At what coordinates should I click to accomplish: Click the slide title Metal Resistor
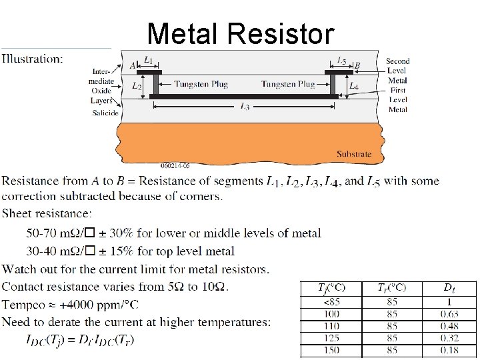tap(239, 33)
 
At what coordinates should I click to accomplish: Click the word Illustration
tap(33, 59)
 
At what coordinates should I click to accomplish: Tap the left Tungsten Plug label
tap(201, 84)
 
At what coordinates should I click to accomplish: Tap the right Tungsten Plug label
tap(288, 84)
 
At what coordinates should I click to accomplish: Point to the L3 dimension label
tap(244, 107)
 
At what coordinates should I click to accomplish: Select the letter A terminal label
tap(133, 65)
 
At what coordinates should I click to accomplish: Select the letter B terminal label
tap(357, 65)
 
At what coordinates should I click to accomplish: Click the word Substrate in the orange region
tap(354, 154)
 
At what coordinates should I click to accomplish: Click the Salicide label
tap(105, 113)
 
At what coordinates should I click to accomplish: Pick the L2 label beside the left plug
tap(136, 86)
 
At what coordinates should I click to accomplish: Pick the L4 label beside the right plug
tap(354, 86)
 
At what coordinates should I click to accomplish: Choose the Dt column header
tap(449, 288)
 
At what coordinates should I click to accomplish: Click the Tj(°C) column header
tap(331, 288)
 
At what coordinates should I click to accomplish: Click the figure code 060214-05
tap(176, 165)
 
